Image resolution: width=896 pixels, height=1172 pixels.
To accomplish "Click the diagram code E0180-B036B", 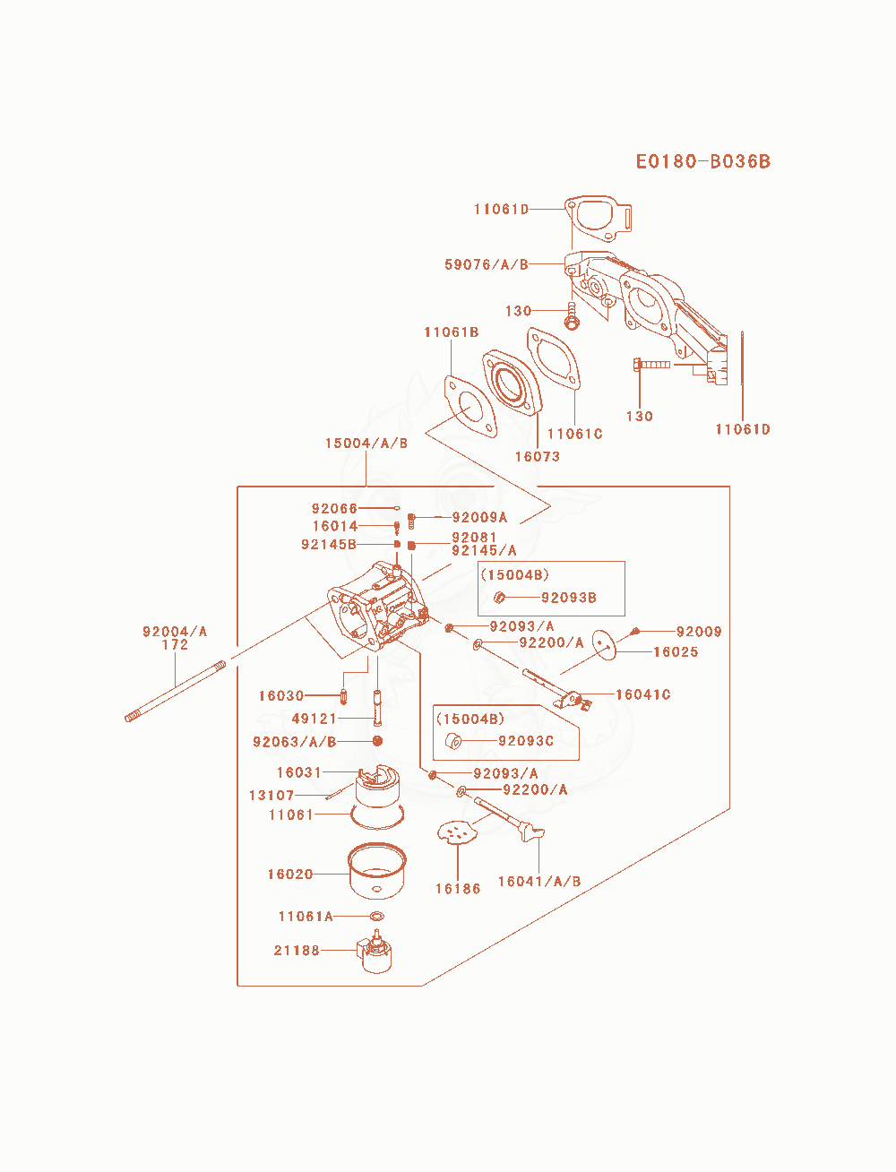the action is (703, 161).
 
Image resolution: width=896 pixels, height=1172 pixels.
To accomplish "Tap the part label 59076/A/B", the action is (487, 264).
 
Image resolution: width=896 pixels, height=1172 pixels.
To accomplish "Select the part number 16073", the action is (538, 456).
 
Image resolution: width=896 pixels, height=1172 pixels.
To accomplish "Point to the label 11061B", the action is (452, 332).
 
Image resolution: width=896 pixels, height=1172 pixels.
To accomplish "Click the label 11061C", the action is (575, 434).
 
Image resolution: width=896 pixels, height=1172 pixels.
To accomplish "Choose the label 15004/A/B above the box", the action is (366, 444).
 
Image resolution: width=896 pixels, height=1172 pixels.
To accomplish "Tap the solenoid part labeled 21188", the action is (375, 952).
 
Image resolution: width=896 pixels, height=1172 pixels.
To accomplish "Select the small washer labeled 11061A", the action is (377, 917).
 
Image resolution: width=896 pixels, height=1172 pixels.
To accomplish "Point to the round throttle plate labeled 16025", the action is (605, 644).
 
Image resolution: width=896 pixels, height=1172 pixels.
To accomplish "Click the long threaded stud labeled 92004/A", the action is (175, 692).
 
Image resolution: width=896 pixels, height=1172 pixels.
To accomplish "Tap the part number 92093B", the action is (569, 598).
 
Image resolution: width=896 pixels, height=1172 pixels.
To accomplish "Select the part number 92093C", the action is (525, 741).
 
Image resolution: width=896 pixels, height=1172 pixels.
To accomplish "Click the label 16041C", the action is (643, 694).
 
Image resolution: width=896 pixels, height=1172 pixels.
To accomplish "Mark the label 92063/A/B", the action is (294, 742).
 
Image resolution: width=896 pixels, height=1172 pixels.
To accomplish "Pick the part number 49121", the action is (314, 719).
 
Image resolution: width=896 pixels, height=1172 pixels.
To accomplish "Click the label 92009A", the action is (479, 517).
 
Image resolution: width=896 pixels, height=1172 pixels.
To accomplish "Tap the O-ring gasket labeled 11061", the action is (377, 817).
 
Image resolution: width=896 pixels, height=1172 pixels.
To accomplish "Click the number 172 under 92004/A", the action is (175, 644).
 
